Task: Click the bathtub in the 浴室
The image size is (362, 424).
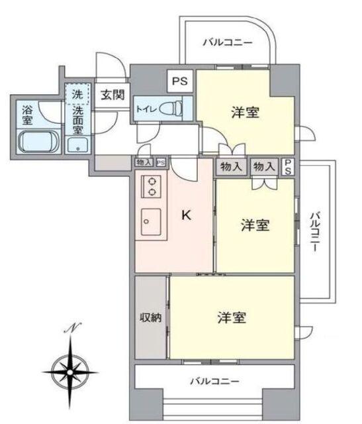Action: [x=38, y=141]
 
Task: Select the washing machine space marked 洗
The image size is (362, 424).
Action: [x=77, y=95]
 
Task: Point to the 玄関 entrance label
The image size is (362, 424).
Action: [x=111, y=95]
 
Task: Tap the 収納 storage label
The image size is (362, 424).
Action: [x=151, y=318]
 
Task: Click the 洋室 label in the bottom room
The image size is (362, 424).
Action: [x=232, y=318]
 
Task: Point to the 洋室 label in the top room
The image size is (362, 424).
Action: [x=245, y=113]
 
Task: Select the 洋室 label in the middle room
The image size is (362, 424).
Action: [x=255, y=226]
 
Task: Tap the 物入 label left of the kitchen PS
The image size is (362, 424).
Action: [x=144, y=162]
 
